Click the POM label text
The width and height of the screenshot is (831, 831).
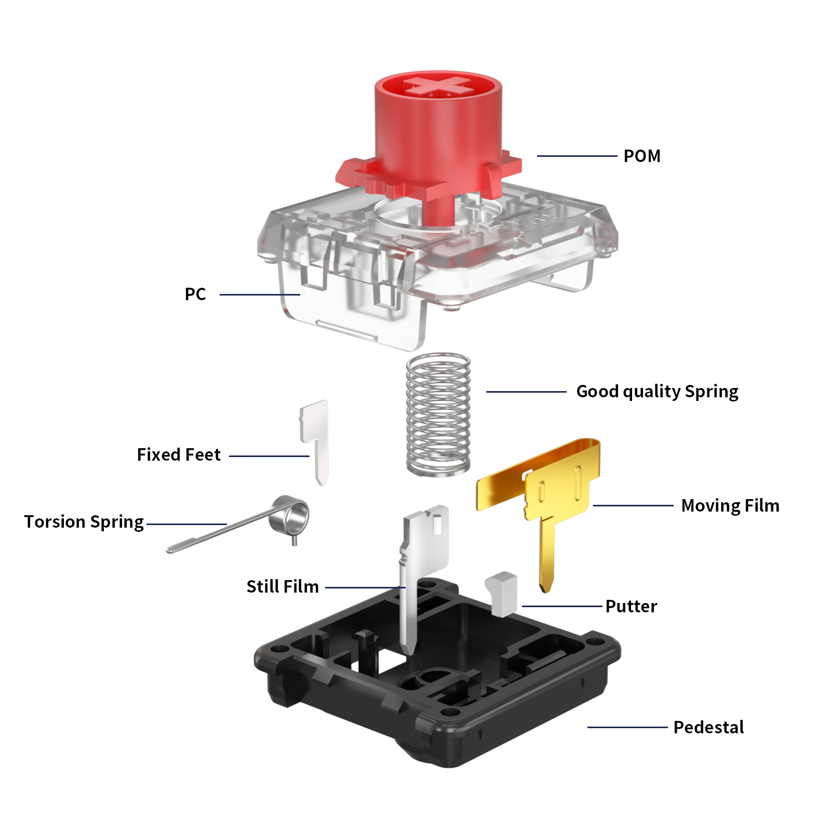coord(641,156)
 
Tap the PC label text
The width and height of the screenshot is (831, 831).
coord(195,294)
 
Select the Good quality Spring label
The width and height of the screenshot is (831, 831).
coord(657,391)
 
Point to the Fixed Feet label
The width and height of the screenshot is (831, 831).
coord(179,454)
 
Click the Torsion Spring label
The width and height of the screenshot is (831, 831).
coord(84,521)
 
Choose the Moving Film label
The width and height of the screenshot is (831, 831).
coord(730,505)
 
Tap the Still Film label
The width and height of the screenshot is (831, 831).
coord(283,586)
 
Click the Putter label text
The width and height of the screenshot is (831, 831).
coord(631,606)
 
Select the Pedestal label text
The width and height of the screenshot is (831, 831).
coord(708,727)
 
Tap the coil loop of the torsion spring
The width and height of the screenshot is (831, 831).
coord(291,514)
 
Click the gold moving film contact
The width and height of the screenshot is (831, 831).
coord(556,483)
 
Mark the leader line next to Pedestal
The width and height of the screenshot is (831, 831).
coord(627,727)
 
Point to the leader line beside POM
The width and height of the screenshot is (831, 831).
coord(577,156)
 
